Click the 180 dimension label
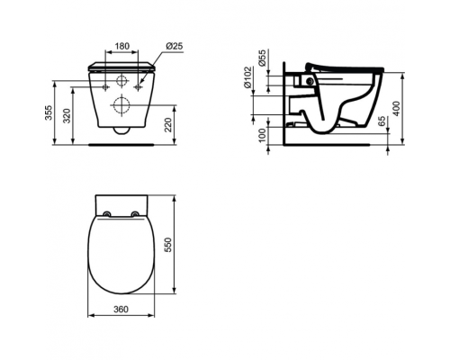(122, 46)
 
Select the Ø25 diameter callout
(175, 46)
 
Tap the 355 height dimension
(49, 112)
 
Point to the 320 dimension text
(67, 115)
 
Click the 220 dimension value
(168, 125)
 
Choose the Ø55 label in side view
(262, 58)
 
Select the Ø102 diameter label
(247, 77)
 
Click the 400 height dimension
(396, 109)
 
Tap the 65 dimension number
(382, 121)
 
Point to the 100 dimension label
(262, 135)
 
